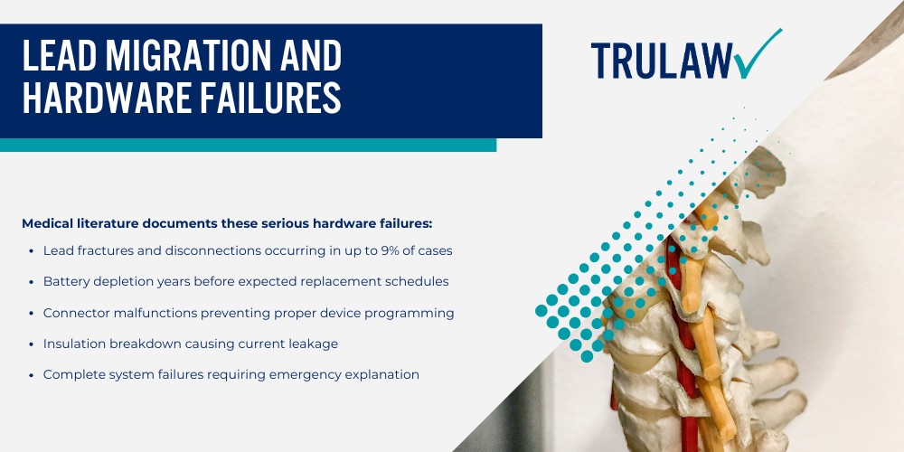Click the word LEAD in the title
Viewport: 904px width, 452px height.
[x=58, y=57]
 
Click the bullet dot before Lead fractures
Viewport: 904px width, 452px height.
[x=32, y=250]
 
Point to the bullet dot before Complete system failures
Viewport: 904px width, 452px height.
[x=32, y=374]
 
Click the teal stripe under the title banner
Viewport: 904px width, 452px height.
[x=249, y=145]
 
